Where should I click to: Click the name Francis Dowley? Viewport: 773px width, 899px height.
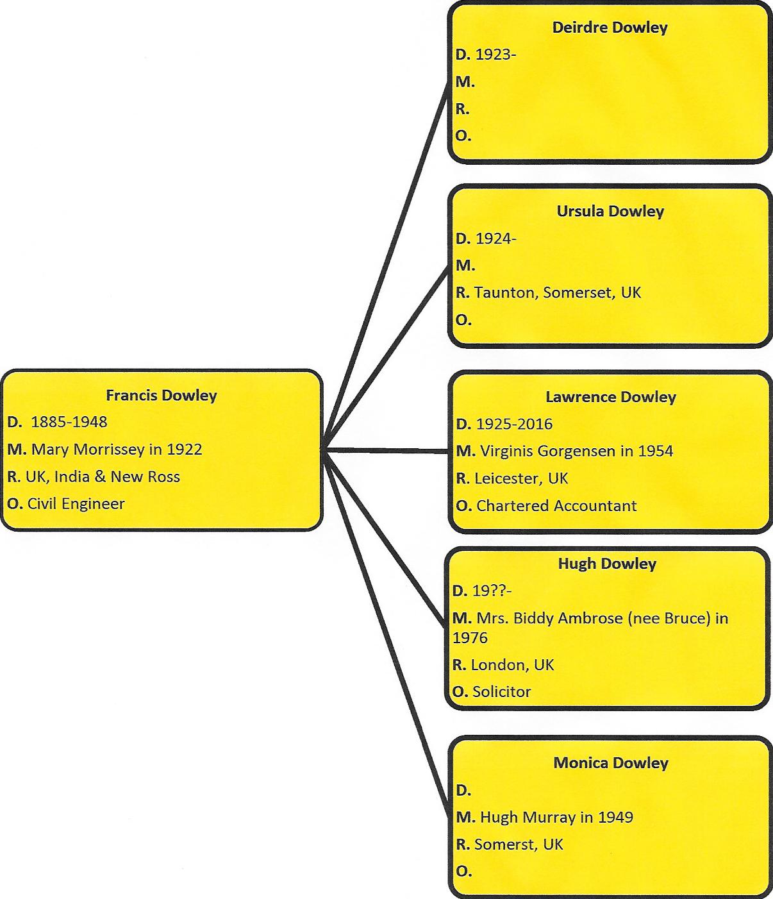pyautogui.click(x=162, y=396)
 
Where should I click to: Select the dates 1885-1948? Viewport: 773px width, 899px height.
pyautogui.click(x=69, y=422)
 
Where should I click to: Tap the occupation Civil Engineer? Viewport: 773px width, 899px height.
pyautogui.click(x=76, y=503)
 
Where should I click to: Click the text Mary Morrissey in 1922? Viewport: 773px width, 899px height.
pyautogui.click(x=117, y=449)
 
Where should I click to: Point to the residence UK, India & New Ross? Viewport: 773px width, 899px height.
pyautogui.click(x=103, y=476)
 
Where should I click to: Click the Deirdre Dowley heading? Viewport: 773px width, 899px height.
pyautogui.click(x=610, y=28)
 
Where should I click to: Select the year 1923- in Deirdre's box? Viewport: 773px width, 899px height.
pyautogui.click(x=496, y=55)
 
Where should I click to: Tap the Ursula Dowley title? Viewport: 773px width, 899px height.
pyautogui.click(x=610, y=212)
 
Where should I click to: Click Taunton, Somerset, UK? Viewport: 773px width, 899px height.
pyautogui.click(x=558, y=293)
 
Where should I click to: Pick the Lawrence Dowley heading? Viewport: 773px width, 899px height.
pyautogui.click(x=611, y=397)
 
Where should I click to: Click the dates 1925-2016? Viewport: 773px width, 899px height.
pyautogui.click(x=514, y=424)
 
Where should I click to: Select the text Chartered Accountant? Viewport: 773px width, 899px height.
pyautogui.click(x=556, y=506)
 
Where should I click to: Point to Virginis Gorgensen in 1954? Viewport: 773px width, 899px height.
pyautogui.click(x=576, y=451)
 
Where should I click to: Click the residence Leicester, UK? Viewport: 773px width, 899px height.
pyautogui.click(x=521, y=479)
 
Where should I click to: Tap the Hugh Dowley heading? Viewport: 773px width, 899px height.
pyautogui.click(x=608, y=564)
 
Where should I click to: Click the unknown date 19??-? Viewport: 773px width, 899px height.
pyautogui.click(x=492, y=591)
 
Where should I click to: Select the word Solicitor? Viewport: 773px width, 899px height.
pyautogui.click(x=502, y=692)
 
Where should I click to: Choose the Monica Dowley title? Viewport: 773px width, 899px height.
pyautogui.click(x=611, y=763)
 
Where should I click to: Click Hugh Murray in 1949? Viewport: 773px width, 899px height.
pyautogui.click(x=556, y=818)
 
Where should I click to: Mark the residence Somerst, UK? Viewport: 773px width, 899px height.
pyautogui.click(x=519, y=844)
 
